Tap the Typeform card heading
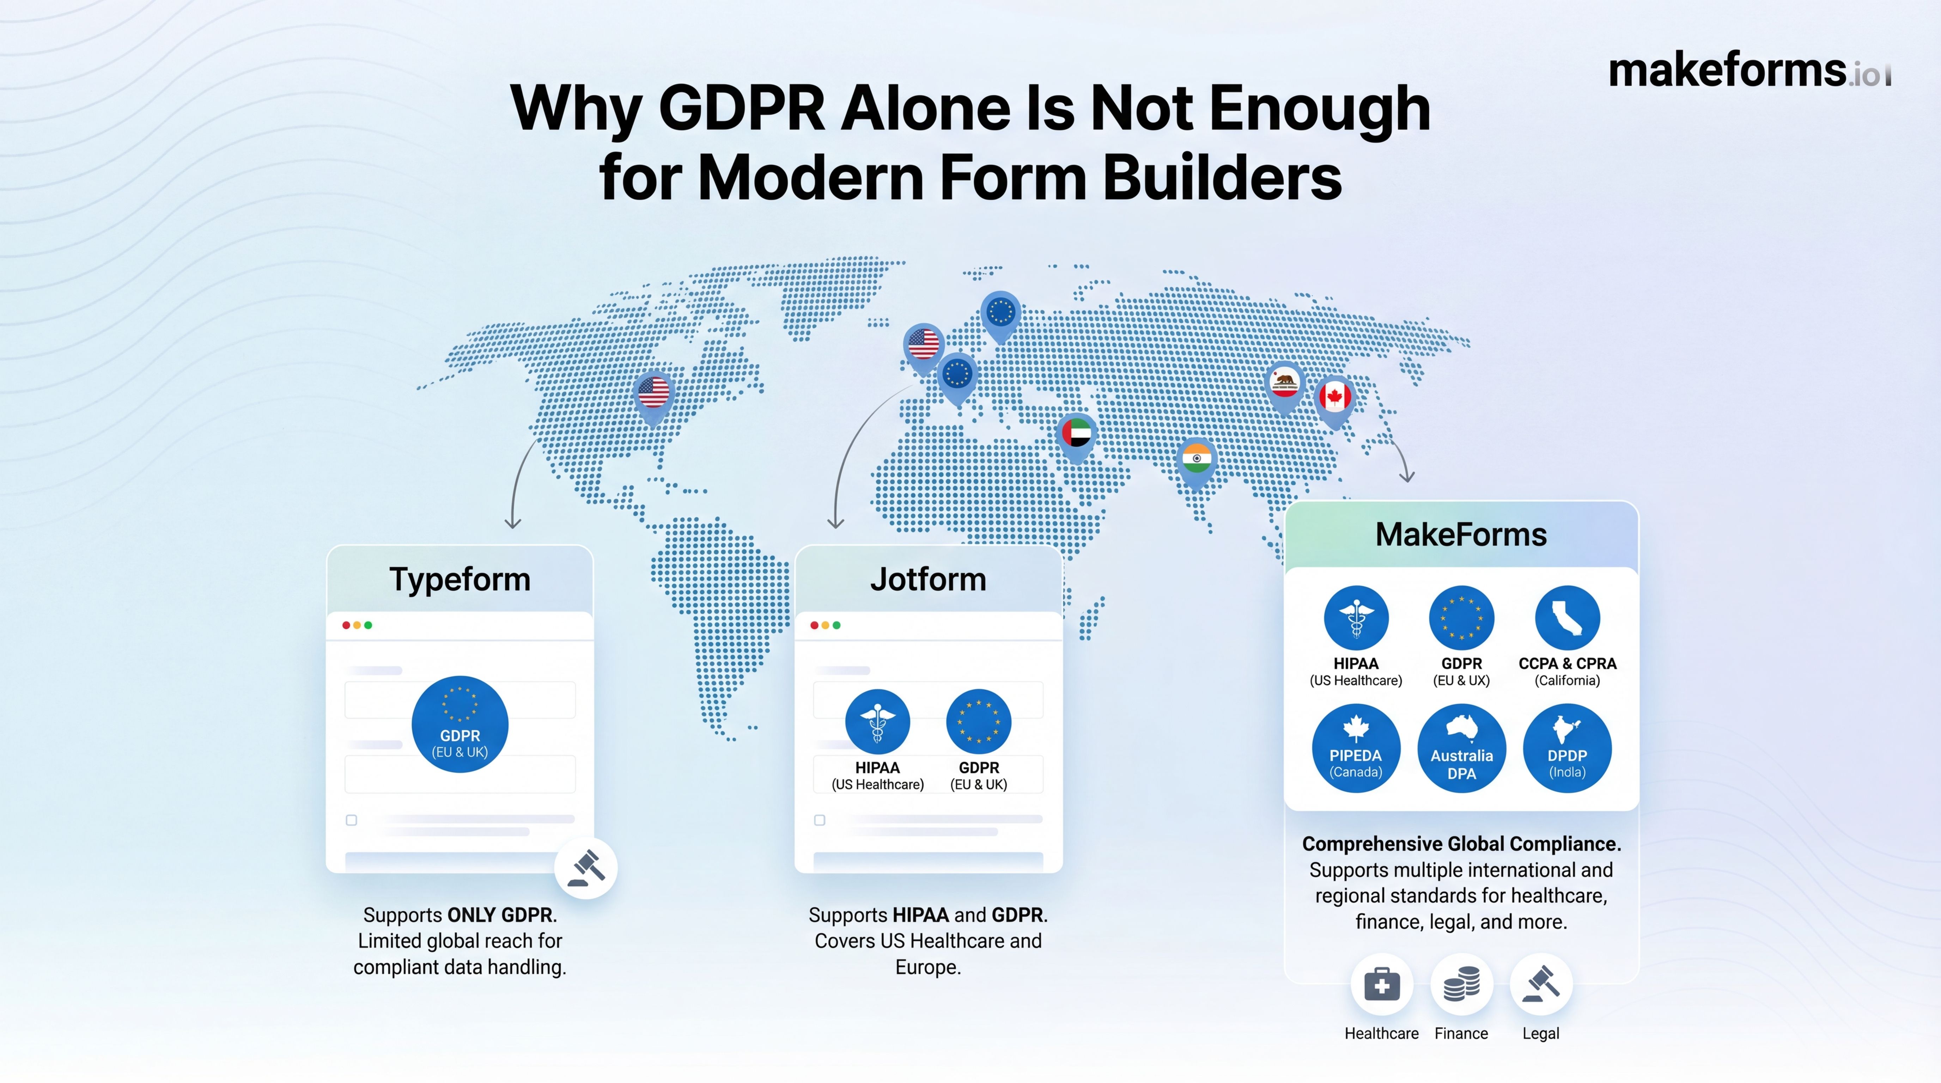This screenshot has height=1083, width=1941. click(x=460, y=579)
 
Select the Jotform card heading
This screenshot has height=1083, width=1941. click(x=927, y=579)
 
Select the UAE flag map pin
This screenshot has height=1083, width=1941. click(x=1077, y=435)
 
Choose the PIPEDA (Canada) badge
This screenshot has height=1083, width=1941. click(x=1356, y=748)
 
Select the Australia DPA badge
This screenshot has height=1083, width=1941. click(x=1461, y=748)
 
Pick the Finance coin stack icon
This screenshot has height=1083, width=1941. click(x=1461, y=984)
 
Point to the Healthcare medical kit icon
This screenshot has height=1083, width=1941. click(x=1381, y=984)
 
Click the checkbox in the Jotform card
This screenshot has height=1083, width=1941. click(x=820, y=820)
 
